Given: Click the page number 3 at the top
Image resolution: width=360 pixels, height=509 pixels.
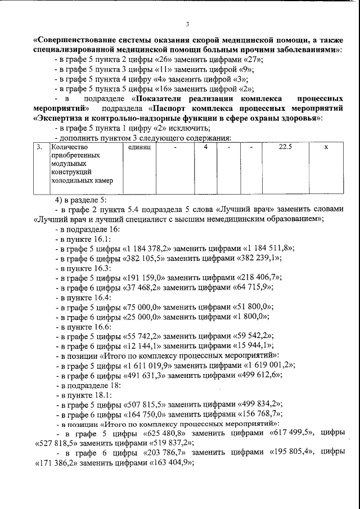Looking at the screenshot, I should [x=188, y=24].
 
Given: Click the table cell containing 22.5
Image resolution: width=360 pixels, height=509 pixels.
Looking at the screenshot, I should [x=288, y=147].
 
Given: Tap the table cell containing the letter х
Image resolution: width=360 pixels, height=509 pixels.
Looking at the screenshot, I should [x=326, y=147].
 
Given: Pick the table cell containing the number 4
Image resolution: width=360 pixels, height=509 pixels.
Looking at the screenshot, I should [x=206, y=147].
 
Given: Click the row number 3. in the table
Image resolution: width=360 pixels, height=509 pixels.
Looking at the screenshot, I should [x=39, y=147].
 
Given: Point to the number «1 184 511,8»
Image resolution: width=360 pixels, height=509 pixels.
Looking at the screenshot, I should [x=268, y=248].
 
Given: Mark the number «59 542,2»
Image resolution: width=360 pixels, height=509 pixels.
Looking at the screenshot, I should [x=249, y=336].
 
